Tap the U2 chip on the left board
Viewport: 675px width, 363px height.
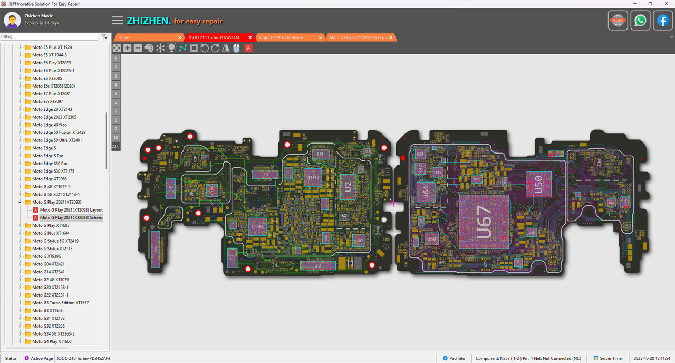[347, 186]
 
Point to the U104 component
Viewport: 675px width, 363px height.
[257, 226]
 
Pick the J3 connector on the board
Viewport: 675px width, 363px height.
[265, 174]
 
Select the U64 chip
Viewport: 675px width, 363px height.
[426, 192]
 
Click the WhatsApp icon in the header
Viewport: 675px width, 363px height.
[640, 21]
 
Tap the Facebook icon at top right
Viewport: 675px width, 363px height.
[662, 21]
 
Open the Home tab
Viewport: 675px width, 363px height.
[124, 37]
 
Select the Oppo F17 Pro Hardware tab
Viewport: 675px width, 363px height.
[281, 37]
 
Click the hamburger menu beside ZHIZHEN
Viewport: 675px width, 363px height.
[118, 21]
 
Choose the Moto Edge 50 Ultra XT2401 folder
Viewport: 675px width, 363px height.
[57, 140]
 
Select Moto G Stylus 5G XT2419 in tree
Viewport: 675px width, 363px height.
[55, 241]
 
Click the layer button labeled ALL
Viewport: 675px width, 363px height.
[116, 147]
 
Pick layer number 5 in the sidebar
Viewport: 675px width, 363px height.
[116, 93]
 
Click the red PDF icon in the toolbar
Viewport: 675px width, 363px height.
[248, 48]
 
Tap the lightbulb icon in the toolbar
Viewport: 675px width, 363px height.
[171, 48]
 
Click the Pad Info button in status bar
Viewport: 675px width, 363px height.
[454, 358]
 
